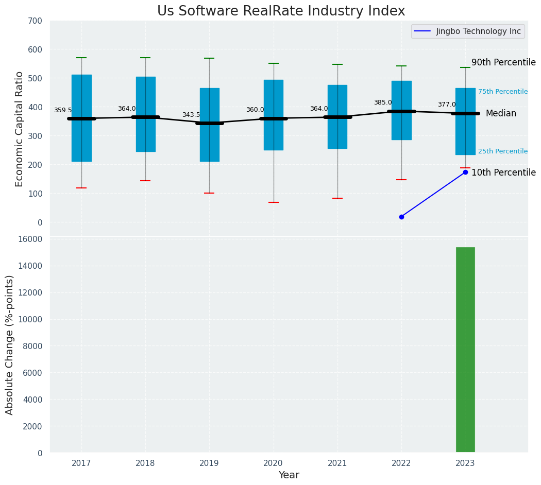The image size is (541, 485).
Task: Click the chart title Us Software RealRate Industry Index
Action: tap(281, 11)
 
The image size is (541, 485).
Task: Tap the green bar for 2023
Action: tap(465, 350)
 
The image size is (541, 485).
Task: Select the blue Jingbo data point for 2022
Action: tap(401, 217)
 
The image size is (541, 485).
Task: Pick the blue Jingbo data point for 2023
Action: tap(465, 172)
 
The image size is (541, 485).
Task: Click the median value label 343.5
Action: tap(191, 115)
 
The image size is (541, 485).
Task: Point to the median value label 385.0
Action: tap(383, 102)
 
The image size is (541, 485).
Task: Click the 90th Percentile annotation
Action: tap(503, 62)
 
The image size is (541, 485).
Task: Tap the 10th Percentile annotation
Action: tap(503, 172)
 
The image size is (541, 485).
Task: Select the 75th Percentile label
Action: tap(502, 92)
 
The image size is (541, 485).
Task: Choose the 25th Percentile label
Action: tap(502, 151)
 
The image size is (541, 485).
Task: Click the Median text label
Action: tap(500, 113)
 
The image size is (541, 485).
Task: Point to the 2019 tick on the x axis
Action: tap(209, 463)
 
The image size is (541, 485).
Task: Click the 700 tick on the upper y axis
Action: tap(36, 21)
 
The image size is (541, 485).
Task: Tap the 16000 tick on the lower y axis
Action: tap(31, 239)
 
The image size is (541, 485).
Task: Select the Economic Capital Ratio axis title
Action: tap(20, 129)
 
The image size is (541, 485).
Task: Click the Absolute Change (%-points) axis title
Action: tap(10, 344)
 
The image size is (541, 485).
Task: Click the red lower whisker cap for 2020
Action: tap(274, 202)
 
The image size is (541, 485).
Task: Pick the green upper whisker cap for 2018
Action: tap(145, 58)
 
